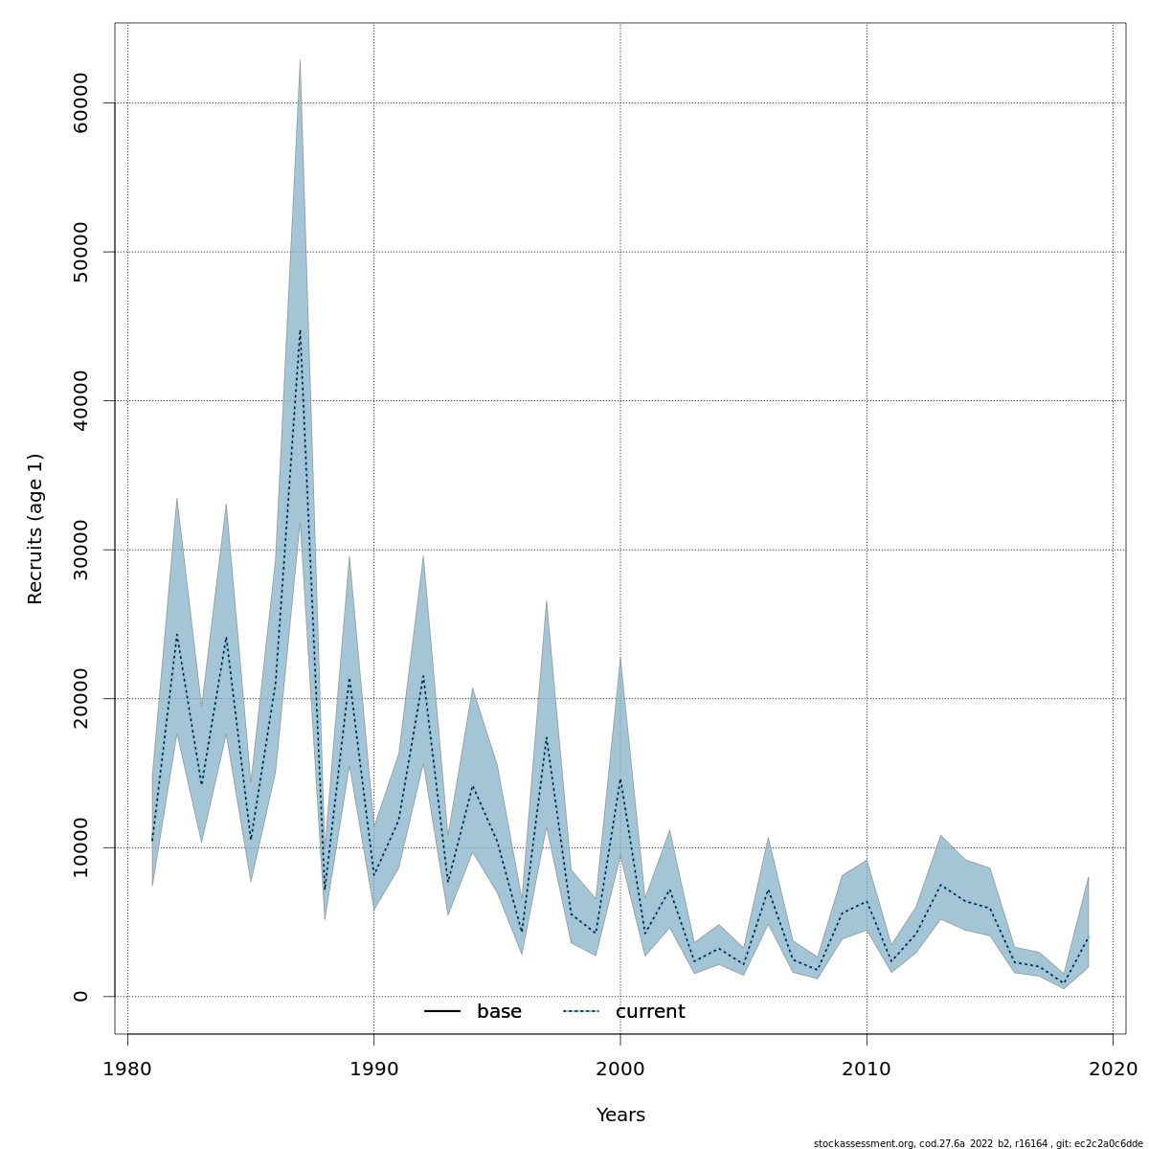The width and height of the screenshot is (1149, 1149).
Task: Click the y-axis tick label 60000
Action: (x=80, y=102)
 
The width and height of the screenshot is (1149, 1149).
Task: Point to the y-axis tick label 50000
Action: (x=80, y=252)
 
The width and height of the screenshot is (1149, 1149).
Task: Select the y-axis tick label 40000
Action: (x=80, y=400)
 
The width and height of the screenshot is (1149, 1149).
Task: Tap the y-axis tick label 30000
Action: (x=80, y=550)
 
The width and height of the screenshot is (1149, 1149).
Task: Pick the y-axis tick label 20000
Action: (x=80, y=698)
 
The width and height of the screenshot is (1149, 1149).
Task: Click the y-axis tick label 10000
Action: (x=80, y=847)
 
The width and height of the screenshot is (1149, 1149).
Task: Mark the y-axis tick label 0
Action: (x=80, y=996)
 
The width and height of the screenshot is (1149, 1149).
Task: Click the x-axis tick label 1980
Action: (x=127, y=1069)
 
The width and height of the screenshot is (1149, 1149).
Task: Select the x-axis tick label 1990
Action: (x=373, y=1069)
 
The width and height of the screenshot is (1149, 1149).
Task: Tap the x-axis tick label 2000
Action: (x=620, y=1069)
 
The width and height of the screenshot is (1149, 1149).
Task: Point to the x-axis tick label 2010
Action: (x=867, y=1069)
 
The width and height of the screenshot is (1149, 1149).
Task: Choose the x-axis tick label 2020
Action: (x=1113, y=1069)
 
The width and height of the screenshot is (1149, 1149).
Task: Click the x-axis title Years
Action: (x=620, y=1115)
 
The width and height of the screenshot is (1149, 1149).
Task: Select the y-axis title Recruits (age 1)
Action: (x=35, y=529)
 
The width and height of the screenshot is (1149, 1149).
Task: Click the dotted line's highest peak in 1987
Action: (x=300, y=330)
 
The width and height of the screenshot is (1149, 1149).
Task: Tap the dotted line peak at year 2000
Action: (x=620, y=778)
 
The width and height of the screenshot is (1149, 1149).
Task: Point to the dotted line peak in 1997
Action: (x=546, y=735)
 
